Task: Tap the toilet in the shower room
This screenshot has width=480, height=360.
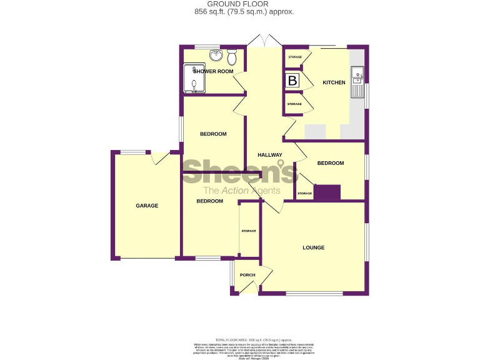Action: coord(232,58)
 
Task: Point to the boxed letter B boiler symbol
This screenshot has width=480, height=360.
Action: coord(292,80)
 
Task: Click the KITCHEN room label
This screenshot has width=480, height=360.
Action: coord(333,82)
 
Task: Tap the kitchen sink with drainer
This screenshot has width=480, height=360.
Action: coord(358,82)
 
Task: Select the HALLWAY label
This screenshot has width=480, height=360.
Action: coord(270,155)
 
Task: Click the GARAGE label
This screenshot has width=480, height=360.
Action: coord(147,206)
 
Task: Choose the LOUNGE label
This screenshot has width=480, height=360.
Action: coord(313,247)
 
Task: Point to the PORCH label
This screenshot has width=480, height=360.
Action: coord(247,275)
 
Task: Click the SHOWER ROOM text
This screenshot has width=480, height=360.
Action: coord(213,72)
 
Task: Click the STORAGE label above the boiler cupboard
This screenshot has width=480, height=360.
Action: coord(294,57)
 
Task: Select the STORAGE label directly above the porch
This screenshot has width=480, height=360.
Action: coord(249,231)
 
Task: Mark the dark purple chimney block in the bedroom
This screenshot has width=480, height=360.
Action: coord(327,193)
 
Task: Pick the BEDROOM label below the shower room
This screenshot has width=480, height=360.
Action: coord(213,134)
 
